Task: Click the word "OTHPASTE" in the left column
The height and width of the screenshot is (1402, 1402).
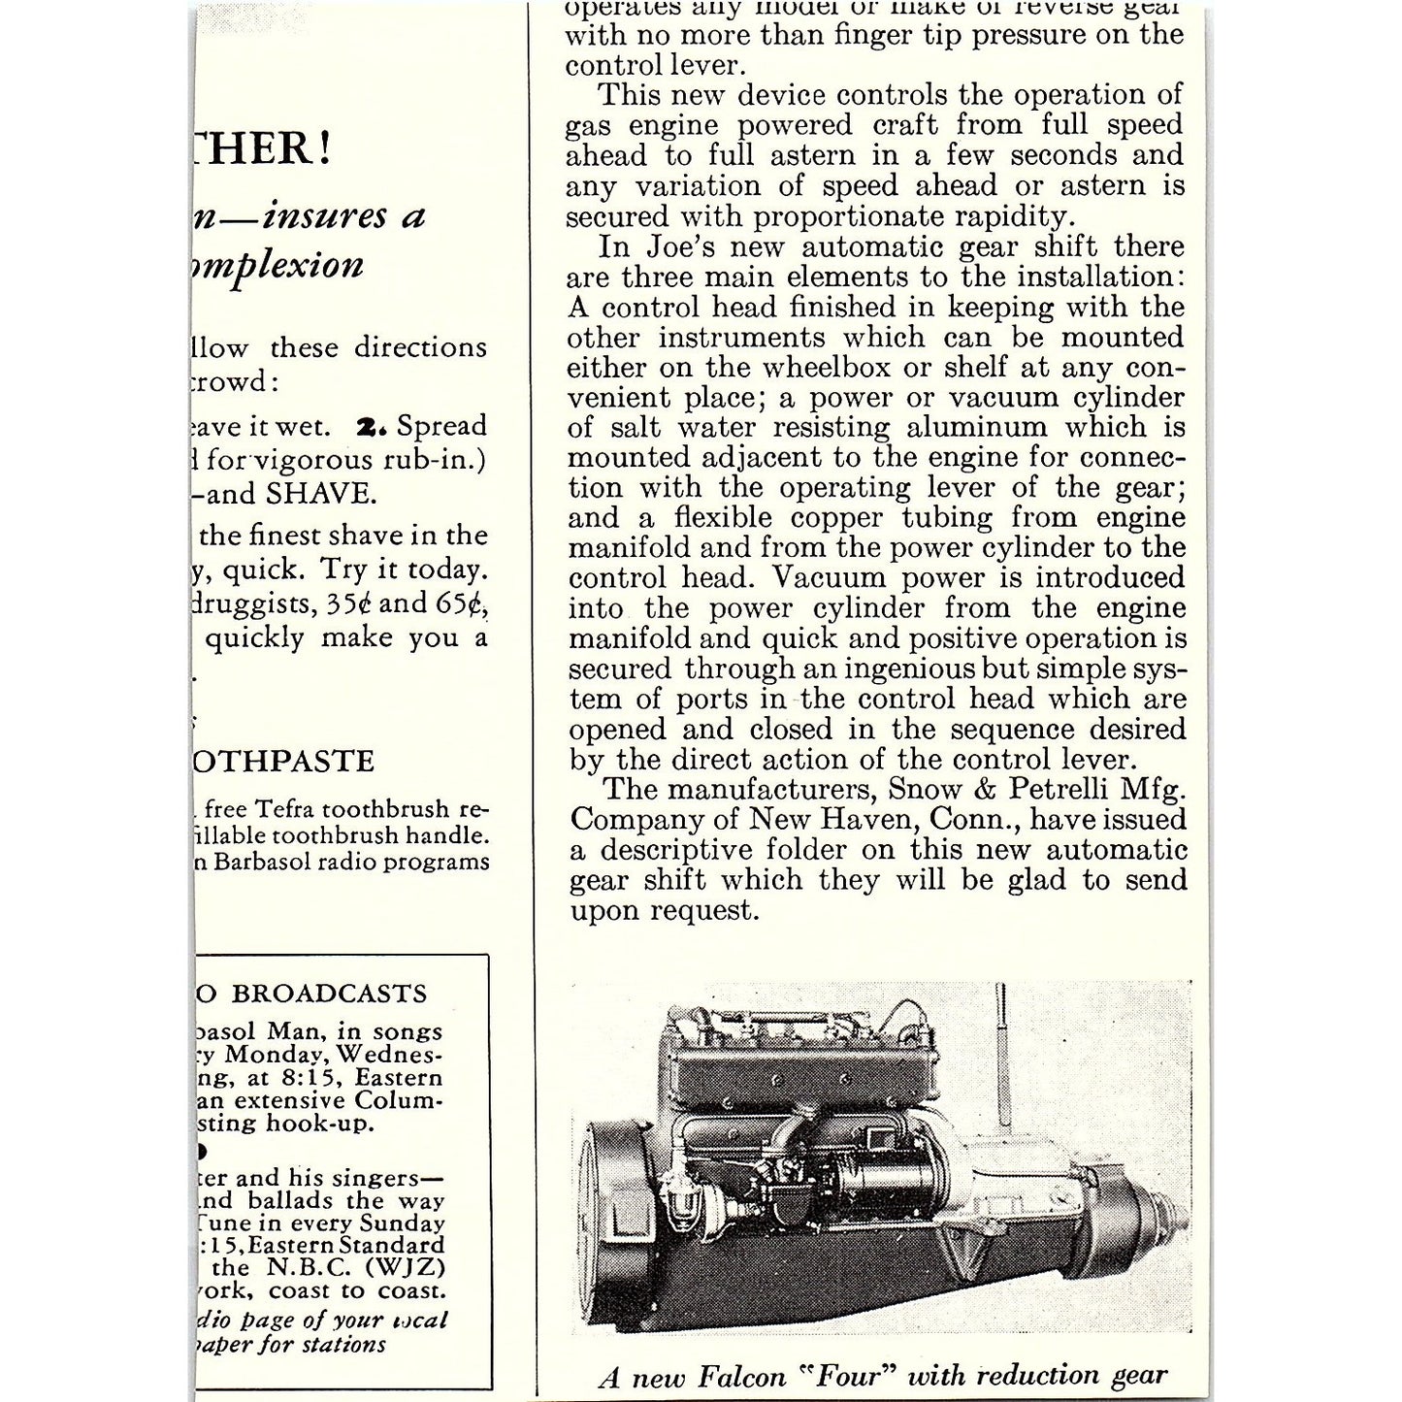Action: [x=283, y=761]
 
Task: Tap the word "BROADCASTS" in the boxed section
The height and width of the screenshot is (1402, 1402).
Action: [x=329, y=994]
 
